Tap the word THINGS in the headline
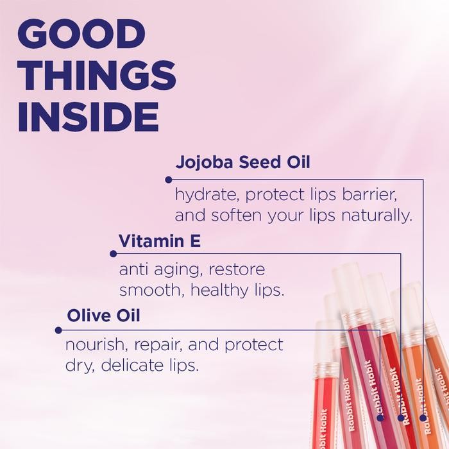(x=97, y=76)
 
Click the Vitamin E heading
(x=160, y=241)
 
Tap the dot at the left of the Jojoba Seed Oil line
(x=169, y=180)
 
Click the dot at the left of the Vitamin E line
(x=114, y=253)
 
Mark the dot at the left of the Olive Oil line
(x=58, y=330)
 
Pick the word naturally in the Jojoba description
(x=377, y=215)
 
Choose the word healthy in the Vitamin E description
(x=221, y=290)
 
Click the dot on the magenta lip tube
(x=380, y=417)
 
